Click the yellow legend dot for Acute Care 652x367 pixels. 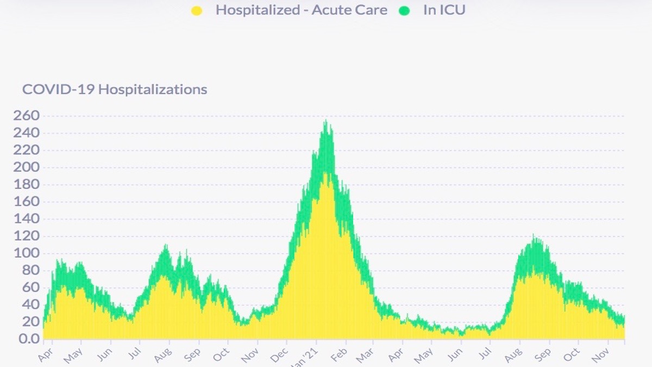click(197, 10)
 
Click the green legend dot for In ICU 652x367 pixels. click(404, 10)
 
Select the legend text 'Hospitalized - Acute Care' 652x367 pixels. click(301, 10)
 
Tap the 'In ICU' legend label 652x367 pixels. click(444, 10)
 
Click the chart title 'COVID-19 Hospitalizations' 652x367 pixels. click(115, 89)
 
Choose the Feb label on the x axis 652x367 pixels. click(338, 354)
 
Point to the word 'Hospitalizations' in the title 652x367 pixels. click(153, 89)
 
